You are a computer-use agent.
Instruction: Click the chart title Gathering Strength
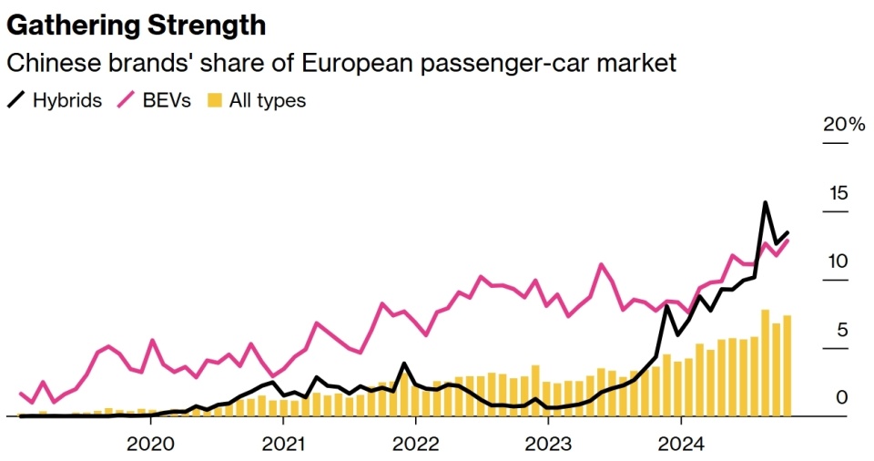pyautogui.click(x=137, y=25)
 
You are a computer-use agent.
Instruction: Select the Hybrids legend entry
pyautogui.click(x=66, y=100)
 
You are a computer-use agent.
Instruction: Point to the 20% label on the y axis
pyautogui.click(x=844, y=125)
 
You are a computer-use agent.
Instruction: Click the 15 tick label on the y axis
pyautogui.click(x=838, y=193)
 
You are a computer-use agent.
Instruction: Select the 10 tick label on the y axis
pyautogui.click(x=838, y=261)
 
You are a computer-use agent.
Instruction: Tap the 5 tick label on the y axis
pyautogui.click(x=842, y=330)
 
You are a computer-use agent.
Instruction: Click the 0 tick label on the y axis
pyautogui.click(x=842, y=398)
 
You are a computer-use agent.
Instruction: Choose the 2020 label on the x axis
pyautogui.click(x=150, y=444)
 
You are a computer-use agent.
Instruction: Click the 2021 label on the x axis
pyautogui.click(x=283, y=444)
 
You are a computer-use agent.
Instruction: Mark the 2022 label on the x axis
pyautogui.click(x=415, y=444)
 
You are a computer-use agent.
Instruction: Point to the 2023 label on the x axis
pyautogui.click(x=548, y=444)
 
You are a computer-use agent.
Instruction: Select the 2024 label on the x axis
pyautogui.click(x=681, y=444)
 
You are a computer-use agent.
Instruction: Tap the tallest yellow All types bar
pyautogui.click(x=766, y=363)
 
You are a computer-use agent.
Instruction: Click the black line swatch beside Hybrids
pyautogui.click(x=16, y=100)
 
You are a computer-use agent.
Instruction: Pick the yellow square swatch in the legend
pyautogui.click(x=215, y=100)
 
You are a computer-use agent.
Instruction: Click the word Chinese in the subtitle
pyautogui.click(x=46, y=64)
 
